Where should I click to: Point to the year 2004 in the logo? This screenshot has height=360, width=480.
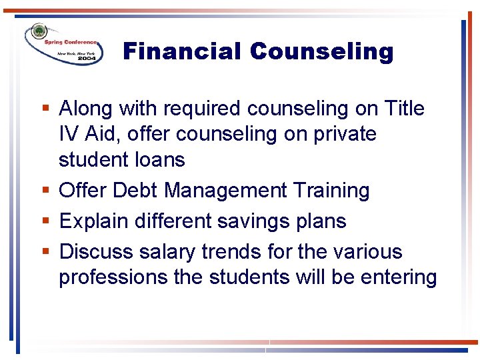coord(87,59)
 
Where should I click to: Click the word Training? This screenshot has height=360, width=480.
coord(331,191)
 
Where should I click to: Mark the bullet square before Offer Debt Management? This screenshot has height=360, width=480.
coord(46,191)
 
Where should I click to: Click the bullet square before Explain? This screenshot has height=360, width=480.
coord(46,221)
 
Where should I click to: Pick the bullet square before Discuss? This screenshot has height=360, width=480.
coord(46,252)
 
